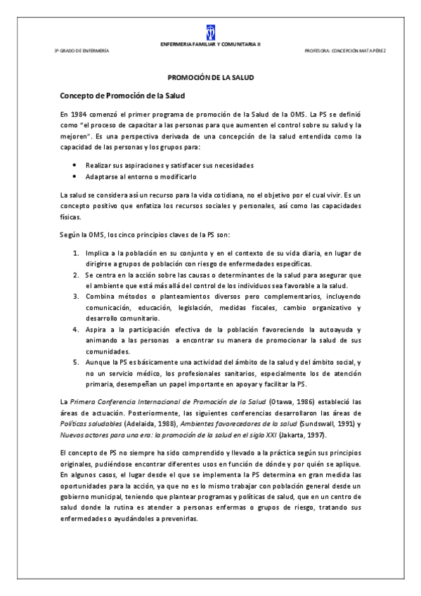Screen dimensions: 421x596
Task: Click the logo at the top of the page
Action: tap(210, 31)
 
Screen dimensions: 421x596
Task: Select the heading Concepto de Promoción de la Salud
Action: tap(122, 95)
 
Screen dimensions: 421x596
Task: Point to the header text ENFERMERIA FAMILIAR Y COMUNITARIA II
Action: tap(211, 44)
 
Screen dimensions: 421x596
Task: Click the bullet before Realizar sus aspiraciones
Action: tap(75, 164)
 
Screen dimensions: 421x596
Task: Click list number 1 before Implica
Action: tap(76, 252)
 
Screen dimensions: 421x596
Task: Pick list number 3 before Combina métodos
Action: tap(76, 297)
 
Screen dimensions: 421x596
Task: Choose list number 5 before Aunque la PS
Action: tap(76, 361)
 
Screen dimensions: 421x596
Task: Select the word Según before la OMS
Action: tap(70, 234)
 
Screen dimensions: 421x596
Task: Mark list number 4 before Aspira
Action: tap(76, 329)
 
